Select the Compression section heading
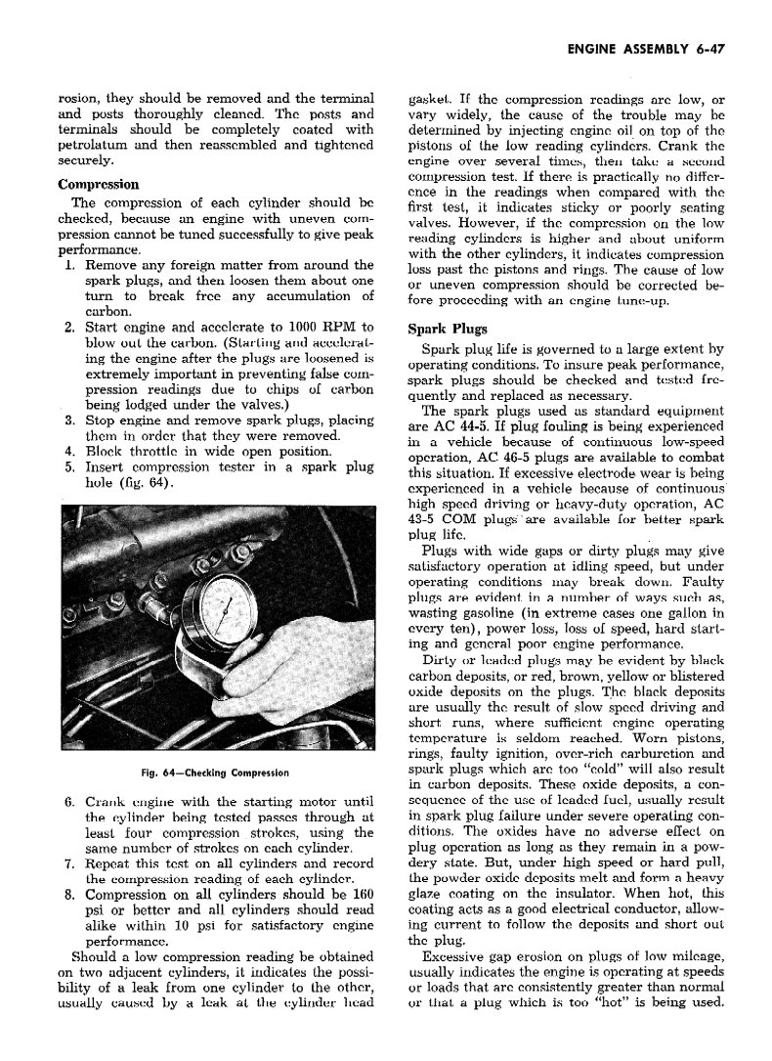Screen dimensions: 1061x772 [99, 184]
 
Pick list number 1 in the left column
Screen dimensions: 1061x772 [68, 265]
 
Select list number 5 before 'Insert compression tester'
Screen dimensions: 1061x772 [68, 466]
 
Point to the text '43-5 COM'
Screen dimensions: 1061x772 [439, 520]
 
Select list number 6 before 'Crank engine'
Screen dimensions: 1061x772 [68, 804]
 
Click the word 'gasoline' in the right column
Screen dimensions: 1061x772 [448, 614]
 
